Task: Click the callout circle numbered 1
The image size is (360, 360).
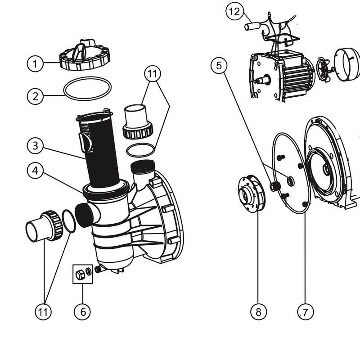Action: pyautogui.click(x=35, y=63)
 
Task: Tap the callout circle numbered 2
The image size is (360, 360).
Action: pyautogui.click(x=35, y=95)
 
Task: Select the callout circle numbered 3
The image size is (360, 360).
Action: pyautogui.click(x=35, y=146)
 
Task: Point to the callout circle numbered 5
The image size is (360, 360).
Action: pyautogui.click(x=219, y=66)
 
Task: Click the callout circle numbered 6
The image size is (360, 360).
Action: pyautogui.click(x=82, y=311)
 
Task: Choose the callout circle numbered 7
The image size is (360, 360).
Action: pyautogui.click(x=305, y=311)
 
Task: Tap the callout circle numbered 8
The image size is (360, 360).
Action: pyautogui.click(x=258, y=311)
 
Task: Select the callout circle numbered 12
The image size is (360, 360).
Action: pyautogui.click(x=234, y=12)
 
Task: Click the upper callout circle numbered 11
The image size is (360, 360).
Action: pyautogui.click(x=153, y=73)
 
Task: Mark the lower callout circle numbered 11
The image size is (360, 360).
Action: pyautogui.click(x=44, y=311)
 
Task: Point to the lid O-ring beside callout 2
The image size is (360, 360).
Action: pyautogui.click(x=87, y=89)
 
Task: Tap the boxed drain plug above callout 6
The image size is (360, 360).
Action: pyautogui.click(x=83, y=274)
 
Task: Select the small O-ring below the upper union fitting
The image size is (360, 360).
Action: pyautogui.click(x=141, y=150)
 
